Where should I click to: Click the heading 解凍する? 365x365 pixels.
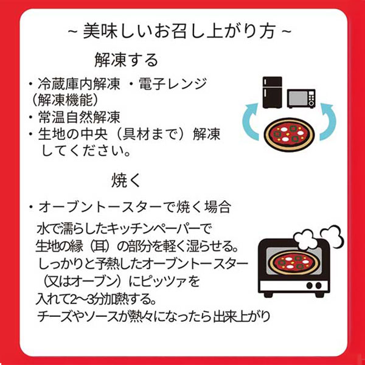126,60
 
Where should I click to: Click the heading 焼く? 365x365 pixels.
126,181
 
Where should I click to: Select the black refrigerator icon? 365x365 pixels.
272,92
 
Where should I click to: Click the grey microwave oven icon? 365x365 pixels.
301,99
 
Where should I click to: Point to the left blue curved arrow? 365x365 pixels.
249,121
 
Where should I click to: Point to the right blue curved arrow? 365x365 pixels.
328,121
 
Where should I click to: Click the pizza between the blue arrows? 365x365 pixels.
289,135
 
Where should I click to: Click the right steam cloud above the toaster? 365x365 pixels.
332,235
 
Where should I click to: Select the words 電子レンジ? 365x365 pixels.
173,84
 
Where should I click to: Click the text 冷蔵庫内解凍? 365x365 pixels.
79,84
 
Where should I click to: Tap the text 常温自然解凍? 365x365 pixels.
79,117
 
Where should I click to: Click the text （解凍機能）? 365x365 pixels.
64,100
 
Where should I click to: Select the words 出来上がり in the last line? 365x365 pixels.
242,316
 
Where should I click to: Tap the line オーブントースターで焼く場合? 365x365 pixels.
135,207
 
